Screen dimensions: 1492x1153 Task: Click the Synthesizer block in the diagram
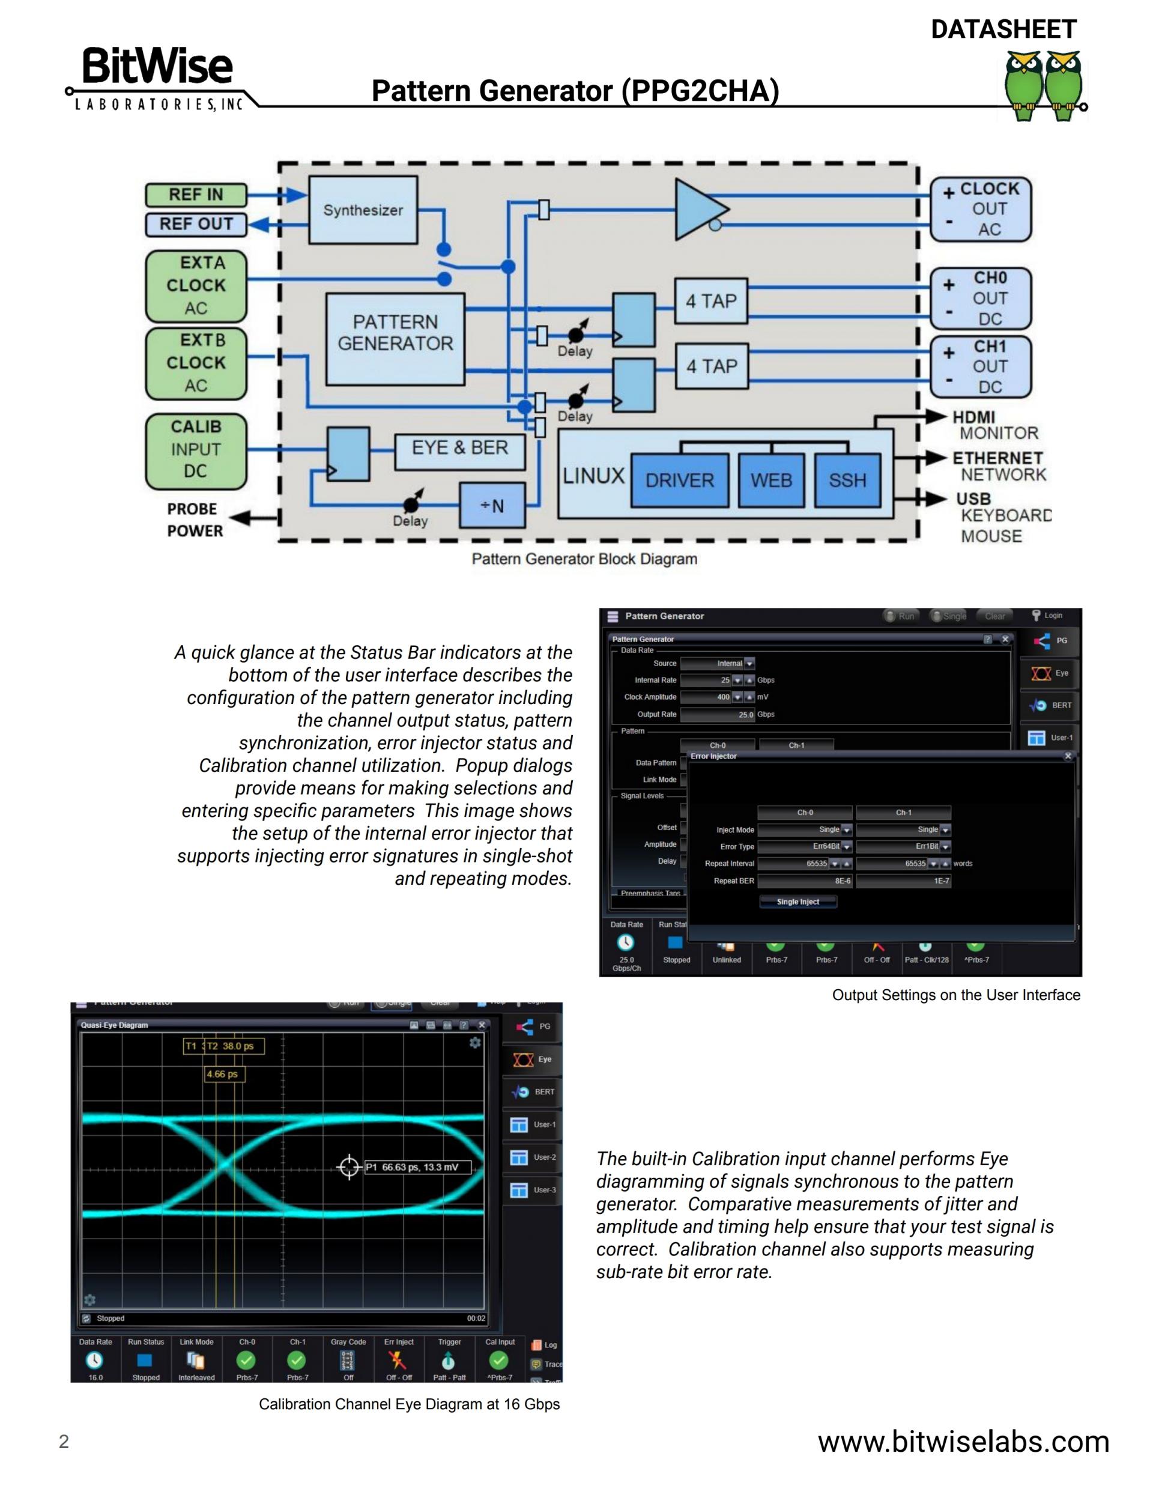point(363,210)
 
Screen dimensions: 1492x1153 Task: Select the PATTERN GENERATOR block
point(395,339)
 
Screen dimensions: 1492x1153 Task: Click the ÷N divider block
point(492,506)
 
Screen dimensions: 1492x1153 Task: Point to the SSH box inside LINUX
point(847,481)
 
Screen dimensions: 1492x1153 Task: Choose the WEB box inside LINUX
point(771,481)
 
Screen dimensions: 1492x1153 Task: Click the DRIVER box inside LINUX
point(679,481)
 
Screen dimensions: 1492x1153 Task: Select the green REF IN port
point(196,195)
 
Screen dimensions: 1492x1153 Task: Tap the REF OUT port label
point(196,224)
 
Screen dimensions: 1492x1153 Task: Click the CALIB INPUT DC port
point(196,451)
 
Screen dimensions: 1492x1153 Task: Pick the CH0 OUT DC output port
point(981,299)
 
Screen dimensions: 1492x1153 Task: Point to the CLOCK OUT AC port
point(981,209)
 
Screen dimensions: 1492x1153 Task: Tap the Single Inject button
point(798,902)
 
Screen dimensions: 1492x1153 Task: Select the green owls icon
point(1044,85)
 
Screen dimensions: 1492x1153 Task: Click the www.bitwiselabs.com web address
point(963,1442)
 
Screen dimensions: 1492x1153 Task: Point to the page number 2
point(64,1442)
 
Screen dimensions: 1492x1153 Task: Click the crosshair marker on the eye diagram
point(349,1167)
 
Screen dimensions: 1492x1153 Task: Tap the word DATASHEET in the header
point(1003,29)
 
